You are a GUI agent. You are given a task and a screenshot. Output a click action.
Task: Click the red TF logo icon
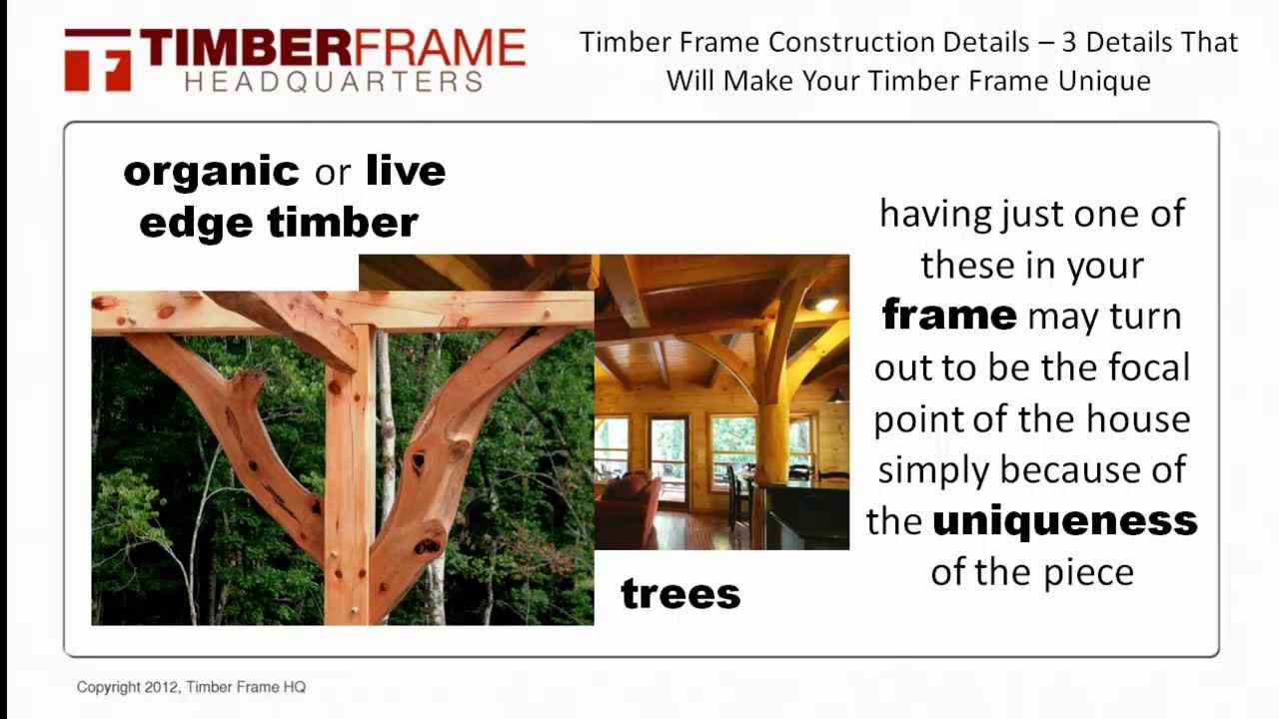(98, 60)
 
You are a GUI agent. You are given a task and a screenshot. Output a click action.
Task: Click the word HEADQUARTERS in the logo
(334, 82)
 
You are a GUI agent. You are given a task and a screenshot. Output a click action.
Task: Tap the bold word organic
(211, 171)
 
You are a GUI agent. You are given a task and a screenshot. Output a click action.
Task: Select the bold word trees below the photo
(680, 594)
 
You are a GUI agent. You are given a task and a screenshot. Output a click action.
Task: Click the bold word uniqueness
(1064, 520)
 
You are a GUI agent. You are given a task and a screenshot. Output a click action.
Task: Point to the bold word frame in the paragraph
(948, 316)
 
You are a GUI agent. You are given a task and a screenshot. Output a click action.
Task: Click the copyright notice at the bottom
(191, 687)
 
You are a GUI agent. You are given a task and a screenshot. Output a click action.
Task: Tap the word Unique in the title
(1107, 80)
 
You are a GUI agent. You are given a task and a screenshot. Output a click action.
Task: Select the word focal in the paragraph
(1147, 367)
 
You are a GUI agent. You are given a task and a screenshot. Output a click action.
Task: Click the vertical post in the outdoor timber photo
(349, 479)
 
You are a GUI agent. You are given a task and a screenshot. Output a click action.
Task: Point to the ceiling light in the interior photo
(825, 303)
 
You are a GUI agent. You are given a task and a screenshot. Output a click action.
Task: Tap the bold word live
(405, 171)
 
